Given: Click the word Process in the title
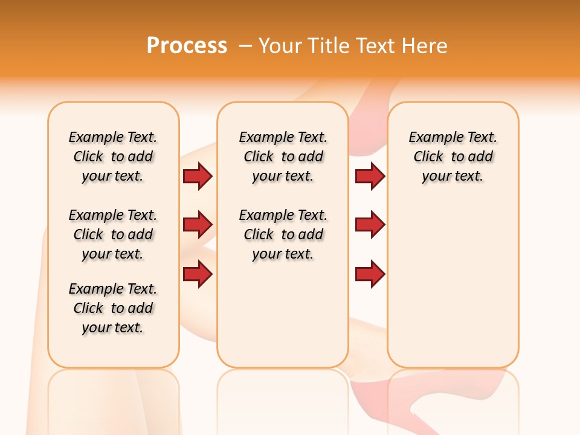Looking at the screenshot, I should [x=187, y=46].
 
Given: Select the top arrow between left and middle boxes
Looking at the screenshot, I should [x=198, y=176].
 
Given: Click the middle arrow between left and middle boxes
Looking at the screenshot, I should [x=198, y=225].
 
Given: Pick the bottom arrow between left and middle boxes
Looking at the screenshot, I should [x=198, y=274].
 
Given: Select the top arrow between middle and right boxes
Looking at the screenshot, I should [x=370, y=176].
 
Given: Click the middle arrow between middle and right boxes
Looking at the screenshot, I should [x=370, y=225].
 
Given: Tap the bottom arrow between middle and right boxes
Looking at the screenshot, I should [x=370, y=274].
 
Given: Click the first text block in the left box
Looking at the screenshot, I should [x=113, y=156].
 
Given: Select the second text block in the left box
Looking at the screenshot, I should [x=113, y=234].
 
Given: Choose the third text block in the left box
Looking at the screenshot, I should [x=113, y=308].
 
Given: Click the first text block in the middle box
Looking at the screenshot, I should [x=283, y=156].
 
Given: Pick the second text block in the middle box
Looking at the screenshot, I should [x=283, y=234].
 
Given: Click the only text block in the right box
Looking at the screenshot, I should [x=453, y=156].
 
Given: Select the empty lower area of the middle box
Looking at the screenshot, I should [x=283, y=314].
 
